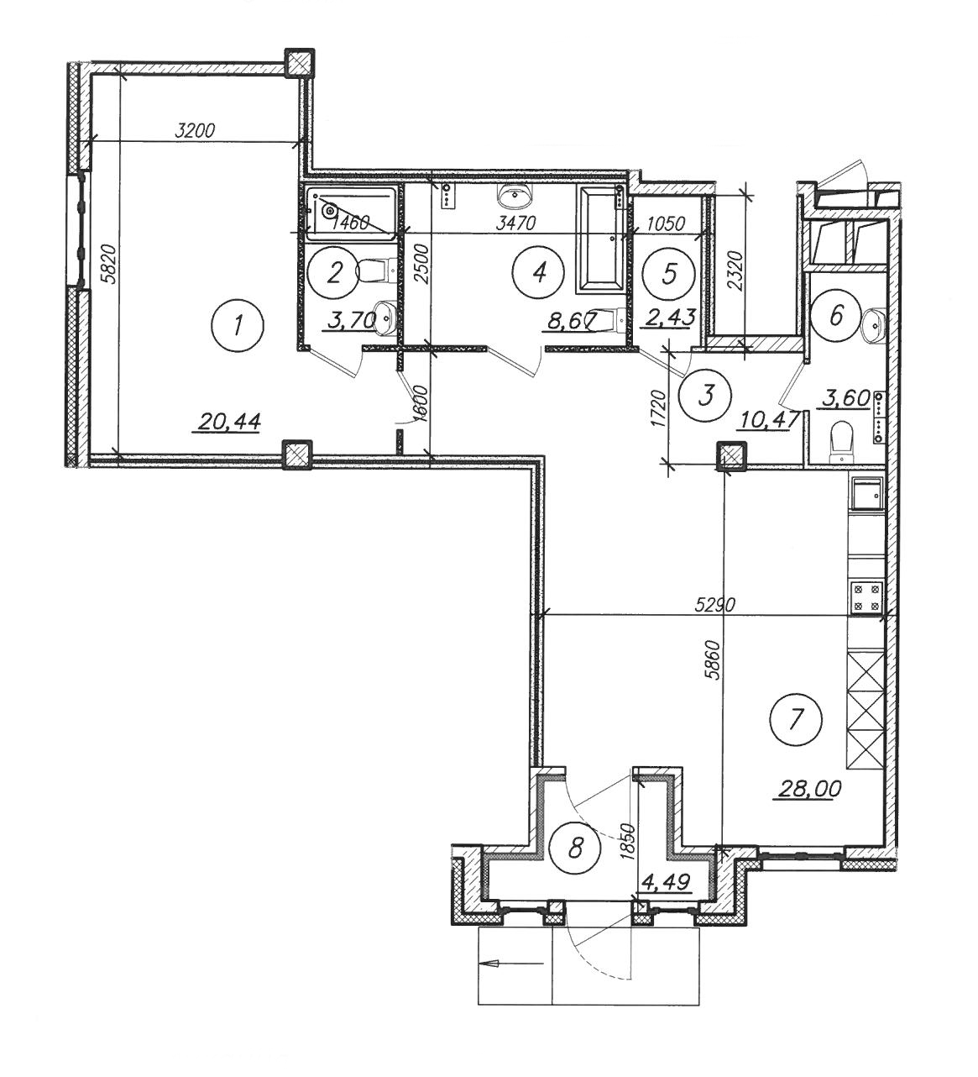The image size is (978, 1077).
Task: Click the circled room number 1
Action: (237, 325)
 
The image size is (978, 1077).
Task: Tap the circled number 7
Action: (795, 718)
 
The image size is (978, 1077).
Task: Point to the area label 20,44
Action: (229, 422)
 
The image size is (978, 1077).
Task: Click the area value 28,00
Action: (808, 788)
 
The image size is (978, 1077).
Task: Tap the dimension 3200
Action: (194, 130)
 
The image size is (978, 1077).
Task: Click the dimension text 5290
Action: (714, 605)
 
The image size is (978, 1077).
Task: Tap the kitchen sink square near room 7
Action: (866, 493)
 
